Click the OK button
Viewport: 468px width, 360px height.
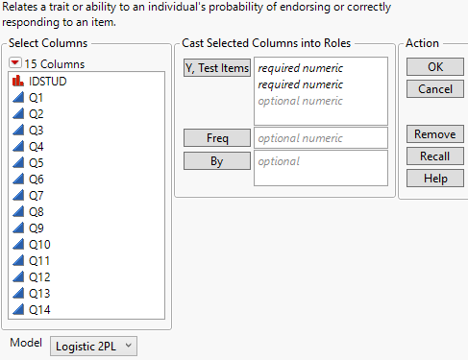point(428,67)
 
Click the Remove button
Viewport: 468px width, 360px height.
point(428,134)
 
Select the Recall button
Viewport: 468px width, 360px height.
point(428,156)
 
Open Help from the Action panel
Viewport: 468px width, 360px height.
point(428,178)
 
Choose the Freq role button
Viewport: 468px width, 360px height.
point(216,138)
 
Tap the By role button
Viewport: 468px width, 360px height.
point(216,160)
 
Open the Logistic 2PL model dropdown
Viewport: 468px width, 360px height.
point(94,345)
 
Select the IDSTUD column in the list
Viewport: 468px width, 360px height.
point(47,82)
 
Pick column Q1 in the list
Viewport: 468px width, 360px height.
point(36,98)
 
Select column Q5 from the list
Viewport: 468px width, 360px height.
point(36,163)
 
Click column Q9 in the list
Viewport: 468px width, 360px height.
point(36,228)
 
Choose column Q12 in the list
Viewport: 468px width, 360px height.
point(38,277)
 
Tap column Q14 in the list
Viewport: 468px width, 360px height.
point(38,310)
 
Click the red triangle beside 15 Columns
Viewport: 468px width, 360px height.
point(14,64)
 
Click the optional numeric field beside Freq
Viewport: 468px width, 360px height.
point(320,138)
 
